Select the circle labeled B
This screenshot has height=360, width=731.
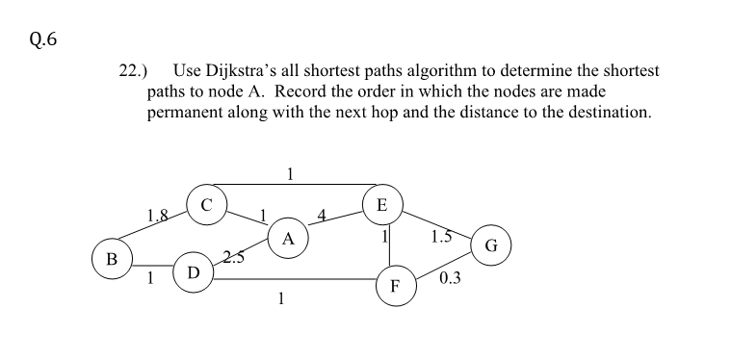tap(112, 259)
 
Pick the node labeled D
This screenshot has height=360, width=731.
tap(193, 272)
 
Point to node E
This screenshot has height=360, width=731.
tap(382, 204)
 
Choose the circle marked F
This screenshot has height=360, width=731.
tap(393, 285)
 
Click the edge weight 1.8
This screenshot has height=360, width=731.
tap(158, 214)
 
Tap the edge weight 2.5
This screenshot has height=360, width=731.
tap(233, 256)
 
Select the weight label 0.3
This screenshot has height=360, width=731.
tap(449, 279)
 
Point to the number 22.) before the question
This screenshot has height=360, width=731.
tap(133, 71)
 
